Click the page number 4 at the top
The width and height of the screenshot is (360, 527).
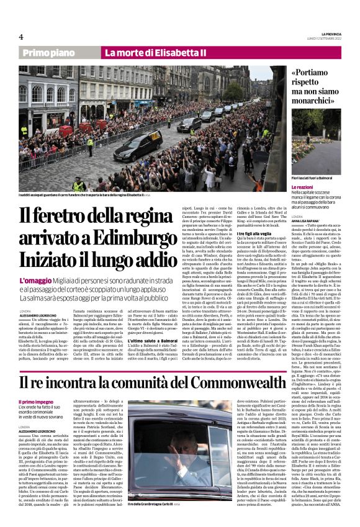coord(20,37)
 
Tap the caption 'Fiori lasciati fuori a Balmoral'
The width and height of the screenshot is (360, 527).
coord(300,178)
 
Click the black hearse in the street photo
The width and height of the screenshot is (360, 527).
coord(137,146)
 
